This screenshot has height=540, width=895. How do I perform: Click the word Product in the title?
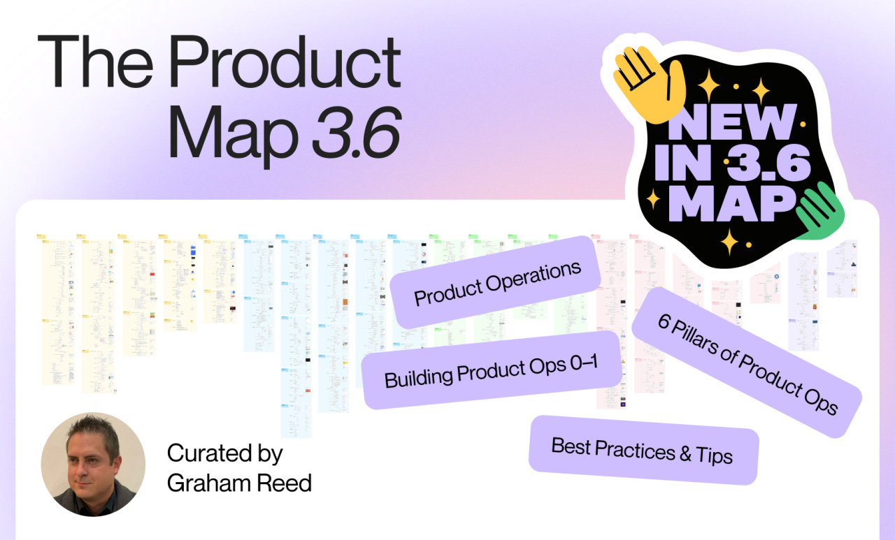tap(285, 61)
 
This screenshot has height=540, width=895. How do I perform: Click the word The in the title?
tap(94, 61)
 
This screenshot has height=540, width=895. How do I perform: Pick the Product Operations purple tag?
tap(497, 283)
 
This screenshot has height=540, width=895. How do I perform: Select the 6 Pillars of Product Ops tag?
tap(747, 363)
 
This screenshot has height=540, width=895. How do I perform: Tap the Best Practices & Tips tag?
tap(643, 450)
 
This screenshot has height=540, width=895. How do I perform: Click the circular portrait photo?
tap(93, 465)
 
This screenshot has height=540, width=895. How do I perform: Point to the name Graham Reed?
tap(239, 481)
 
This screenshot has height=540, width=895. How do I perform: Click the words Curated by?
tap(224, 454)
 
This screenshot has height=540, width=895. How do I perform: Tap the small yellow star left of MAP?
tap(654, 200)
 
